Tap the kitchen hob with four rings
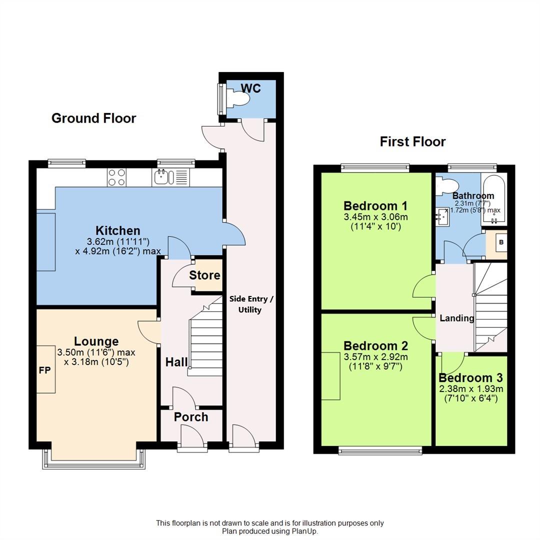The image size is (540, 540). [116, 177]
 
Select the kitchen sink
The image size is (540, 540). [163, 177]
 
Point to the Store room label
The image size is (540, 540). [204, 275]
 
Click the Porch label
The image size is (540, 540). [191, 416]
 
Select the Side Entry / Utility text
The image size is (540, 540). [251, 304]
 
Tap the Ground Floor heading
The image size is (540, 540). [93, 118]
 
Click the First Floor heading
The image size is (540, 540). [412, 141]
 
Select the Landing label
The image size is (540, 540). [456, 318]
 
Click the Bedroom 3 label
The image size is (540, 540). [470, 378]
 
